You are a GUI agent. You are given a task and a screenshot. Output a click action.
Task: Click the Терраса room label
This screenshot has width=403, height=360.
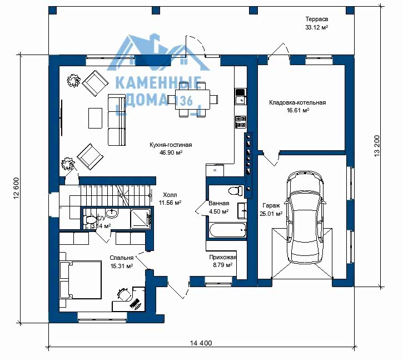316,19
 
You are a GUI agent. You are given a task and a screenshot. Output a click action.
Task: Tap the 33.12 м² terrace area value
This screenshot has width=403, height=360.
316,27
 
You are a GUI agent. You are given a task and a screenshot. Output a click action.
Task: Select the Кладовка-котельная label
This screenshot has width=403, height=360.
297,102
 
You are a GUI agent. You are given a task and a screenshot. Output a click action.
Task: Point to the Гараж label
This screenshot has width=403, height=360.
271,206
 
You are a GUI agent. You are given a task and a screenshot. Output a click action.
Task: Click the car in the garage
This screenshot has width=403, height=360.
305,217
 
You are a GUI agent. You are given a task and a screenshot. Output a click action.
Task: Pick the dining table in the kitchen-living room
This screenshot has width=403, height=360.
192,100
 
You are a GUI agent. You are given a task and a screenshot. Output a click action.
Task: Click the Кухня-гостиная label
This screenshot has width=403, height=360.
171,145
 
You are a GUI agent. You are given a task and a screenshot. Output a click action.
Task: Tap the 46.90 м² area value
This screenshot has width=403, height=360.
171,152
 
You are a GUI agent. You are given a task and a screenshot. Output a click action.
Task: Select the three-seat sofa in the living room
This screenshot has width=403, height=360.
117,120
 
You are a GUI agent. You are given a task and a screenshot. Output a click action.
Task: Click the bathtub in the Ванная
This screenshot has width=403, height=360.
228,230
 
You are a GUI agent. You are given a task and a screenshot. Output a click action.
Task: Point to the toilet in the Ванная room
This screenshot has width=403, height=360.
235,191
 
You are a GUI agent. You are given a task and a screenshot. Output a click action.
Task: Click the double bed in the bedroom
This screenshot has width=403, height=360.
81,280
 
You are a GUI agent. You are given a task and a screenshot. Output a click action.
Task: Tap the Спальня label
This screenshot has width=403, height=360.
121,258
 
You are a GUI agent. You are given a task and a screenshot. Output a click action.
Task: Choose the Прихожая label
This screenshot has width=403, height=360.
222,257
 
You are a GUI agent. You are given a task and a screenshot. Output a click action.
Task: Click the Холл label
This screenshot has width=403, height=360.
170,195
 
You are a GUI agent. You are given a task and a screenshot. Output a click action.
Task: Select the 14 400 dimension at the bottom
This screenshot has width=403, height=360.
201,343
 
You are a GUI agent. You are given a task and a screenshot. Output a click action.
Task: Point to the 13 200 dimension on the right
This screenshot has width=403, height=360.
376,146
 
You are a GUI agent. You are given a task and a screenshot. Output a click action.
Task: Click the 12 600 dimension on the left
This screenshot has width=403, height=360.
16,188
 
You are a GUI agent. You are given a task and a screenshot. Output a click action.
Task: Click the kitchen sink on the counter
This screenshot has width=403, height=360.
241,100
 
